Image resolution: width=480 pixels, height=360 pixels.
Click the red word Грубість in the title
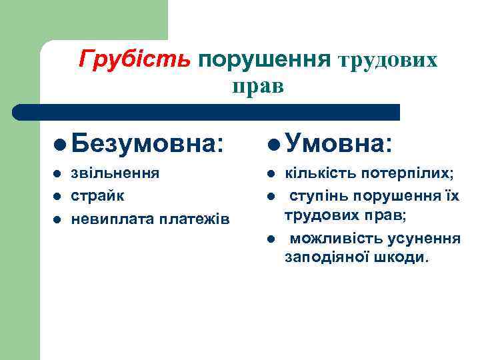point(134,60)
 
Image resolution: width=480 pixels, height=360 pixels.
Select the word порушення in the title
point(265,60)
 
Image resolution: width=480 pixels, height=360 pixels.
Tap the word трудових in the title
point(389,61)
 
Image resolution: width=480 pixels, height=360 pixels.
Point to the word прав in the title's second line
point(258,87)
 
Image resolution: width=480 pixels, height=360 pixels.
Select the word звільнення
point(115,174)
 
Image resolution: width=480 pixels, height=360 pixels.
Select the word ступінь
point(317,197)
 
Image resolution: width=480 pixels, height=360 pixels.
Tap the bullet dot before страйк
point(57,197)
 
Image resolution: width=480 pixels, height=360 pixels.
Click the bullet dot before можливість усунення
point(271,239)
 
